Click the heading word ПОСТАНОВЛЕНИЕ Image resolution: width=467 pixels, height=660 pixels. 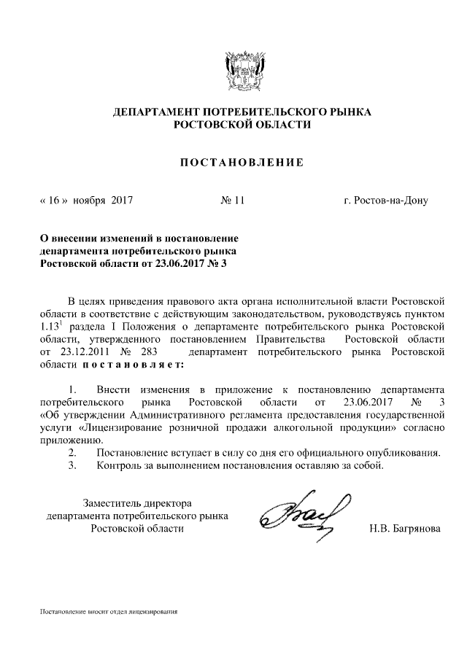[242, 162]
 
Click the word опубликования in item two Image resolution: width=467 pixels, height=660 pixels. [404, 453]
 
